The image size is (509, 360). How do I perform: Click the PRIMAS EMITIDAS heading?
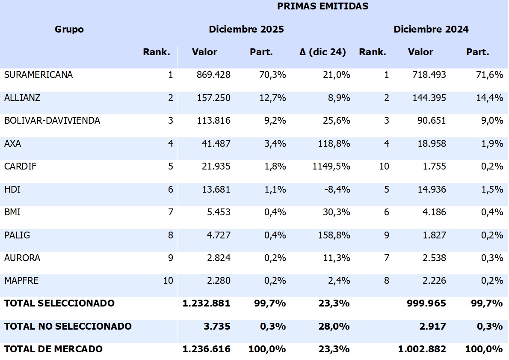323,6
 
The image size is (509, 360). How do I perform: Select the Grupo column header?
69,29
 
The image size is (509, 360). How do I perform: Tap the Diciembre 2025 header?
246,29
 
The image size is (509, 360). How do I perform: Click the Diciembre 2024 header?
431,29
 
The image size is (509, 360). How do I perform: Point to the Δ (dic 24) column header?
323,52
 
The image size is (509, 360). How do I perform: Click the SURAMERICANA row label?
38,75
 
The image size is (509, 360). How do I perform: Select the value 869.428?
213,75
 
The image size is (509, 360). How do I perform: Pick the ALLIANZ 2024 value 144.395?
429,98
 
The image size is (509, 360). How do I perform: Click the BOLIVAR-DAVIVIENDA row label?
52,121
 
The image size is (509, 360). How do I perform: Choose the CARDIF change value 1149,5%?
331,167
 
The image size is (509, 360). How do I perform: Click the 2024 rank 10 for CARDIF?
384,167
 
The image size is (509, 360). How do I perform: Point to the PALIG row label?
17,235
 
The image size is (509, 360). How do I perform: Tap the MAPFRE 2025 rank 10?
168,281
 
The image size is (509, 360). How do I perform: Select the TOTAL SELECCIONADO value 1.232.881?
206,303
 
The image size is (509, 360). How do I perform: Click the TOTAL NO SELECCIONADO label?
68,326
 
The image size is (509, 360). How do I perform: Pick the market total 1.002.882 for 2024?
422,349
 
